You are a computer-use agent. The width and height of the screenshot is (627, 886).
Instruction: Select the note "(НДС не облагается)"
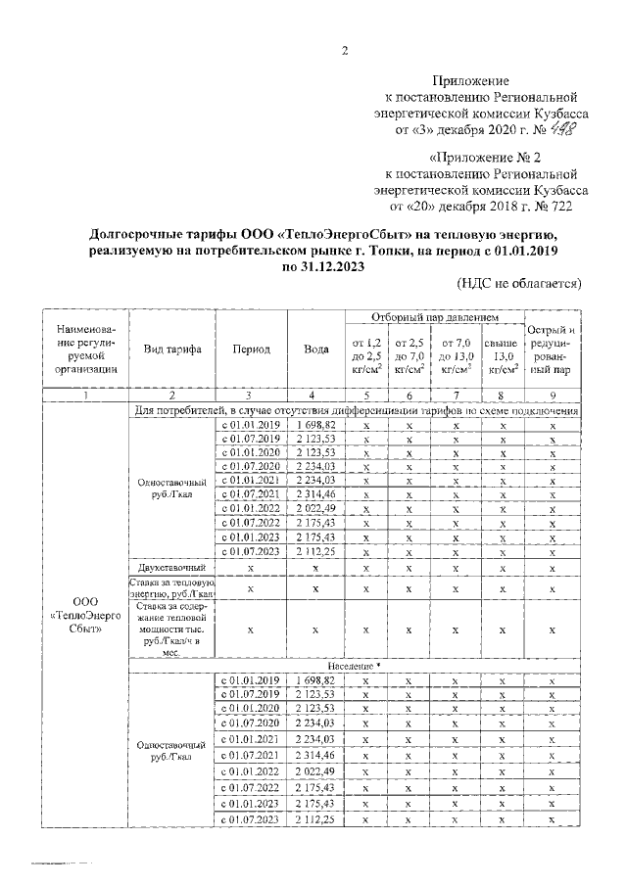[519, 283]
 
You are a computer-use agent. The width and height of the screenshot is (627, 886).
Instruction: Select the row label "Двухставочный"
[172, 567]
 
